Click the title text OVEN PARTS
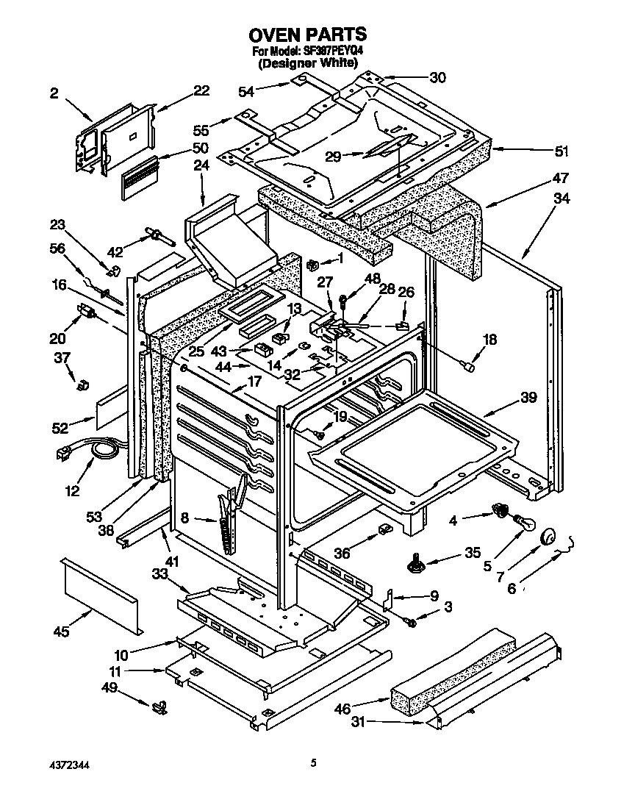coord(307,34)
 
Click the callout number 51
coord(562,152)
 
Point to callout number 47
coord(561,178)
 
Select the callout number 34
coord(562,198)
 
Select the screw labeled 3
coord(411,622)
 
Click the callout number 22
coord(201,90)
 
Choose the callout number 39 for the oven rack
coord(528,398)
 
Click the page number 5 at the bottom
coord(313,764)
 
